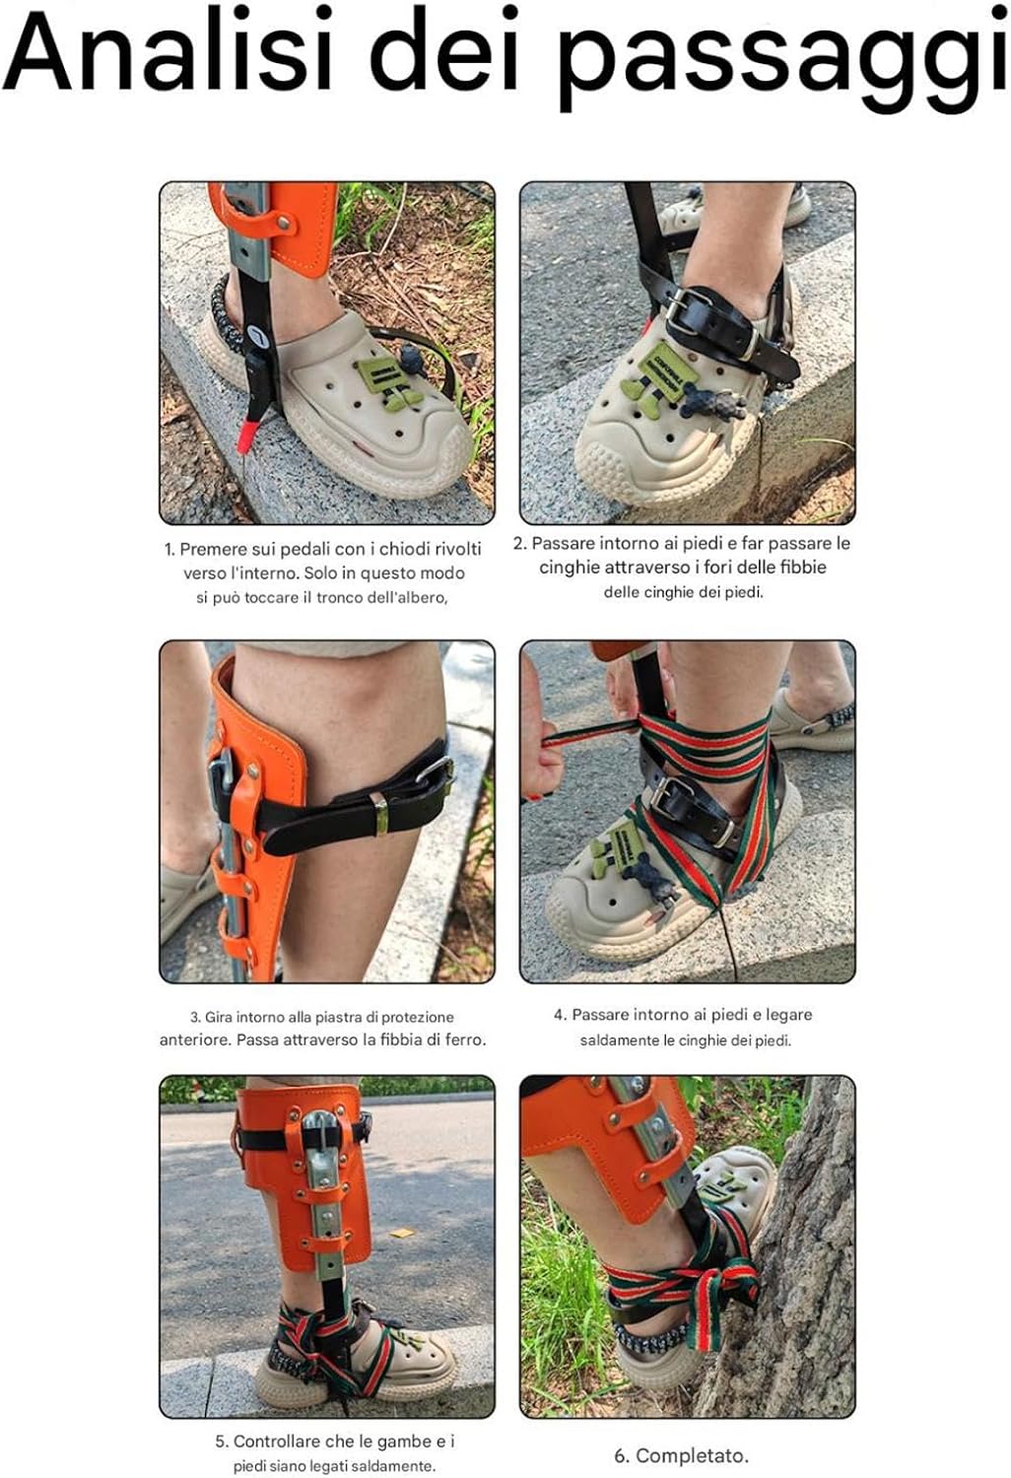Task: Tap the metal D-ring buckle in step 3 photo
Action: pos(438,775)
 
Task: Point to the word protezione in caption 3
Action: pos(417,1017)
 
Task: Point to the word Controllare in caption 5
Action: pos(277,1442)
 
